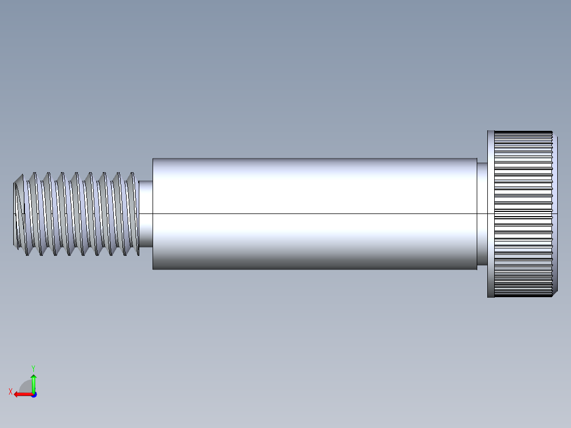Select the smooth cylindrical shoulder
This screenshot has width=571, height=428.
pyautogui.click(x=315, y=213)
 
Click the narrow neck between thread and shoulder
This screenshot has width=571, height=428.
pyautogui.click(x=146, y=213)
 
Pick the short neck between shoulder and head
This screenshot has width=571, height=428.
pyautogui.click(x=482, y=213)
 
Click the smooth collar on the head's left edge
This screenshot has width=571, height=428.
pyautogui.click(x=491, y=213)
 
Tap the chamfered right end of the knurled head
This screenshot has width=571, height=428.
pyautogui.click(x=556, y=213)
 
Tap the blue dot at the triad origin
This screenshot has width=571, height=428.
pyautogui.click(x=33, y=394)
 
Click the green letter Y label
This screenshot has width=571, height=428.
pyautogui.click(x=33, y=368)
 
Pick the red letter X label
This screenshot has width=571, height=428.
pyautogui.click(x=10, y=391)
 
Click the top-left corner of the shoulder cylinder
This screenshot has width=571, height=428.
pyautogui.click(x=153, y=158)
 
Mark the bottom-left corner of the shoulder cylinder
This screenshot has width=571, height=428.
pyautogui.click(x=153, y=269)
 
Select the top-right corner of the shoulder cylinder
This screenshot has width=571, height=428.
pyautogui.click(x=477, y=158)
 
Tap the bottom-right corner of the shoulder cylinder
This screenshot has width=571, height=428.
pyautogui.click(x=477, y=269)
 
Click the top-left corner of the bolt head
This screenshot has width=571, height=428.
pyautogui.click(x=488, y=130)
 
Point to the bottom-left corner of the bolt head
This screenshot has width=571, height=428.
pyautogui.click(x=488, y=297)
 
